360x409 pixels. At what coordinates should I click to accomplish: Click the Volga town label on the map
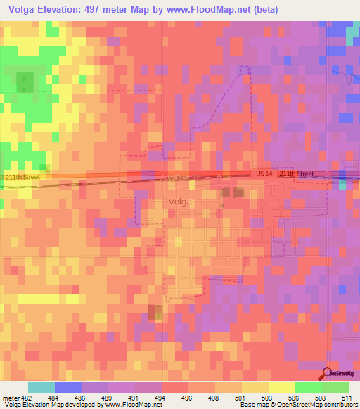tap(181, 202)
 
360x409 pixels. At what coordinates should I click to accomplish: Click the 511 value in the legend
tap(347, 398)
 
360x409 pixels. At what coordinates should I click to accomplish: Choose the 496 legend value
tap(186, 398)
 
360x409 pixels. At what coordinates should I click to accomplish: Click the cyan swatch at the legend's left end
tap(41, 387)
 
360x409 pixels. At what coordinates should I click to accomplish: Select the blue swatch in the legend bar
tap(67, 387)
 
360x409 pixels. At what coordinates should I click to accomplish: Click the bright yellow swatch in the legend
tap(281, 387)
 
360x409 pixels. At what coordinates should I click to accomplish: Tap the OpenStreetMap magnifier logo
tap(328, 372)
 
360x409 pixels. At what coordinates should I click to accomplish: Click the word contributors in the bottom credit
tap(340, 405)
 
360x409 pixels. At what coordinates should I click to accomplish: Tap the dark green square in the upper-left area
tap(25, 82)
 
